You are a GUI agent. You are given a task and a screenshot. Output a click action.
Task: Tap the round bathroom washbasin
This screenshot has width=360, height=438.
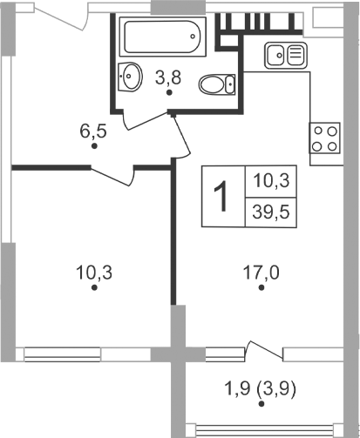pos(130,76)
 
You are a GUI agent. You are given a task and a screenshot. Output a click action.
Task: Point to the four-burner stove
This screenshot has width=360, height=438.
pos(325,137)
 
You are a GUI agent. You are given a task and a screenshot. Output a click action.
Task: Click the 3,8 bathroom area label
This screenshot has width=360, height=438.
pos(167,77)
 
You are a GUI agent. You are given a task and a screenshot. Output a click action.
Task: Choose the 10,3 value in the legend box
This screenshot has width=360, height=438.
pos(270,181)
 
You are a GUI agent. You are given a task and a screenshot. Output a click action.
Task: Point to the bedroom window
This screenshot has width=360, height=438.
pos(87,354)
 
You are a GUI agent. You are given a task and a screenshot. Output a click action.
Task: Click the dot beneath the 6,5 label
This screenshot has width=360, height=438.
pos(94,147)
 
